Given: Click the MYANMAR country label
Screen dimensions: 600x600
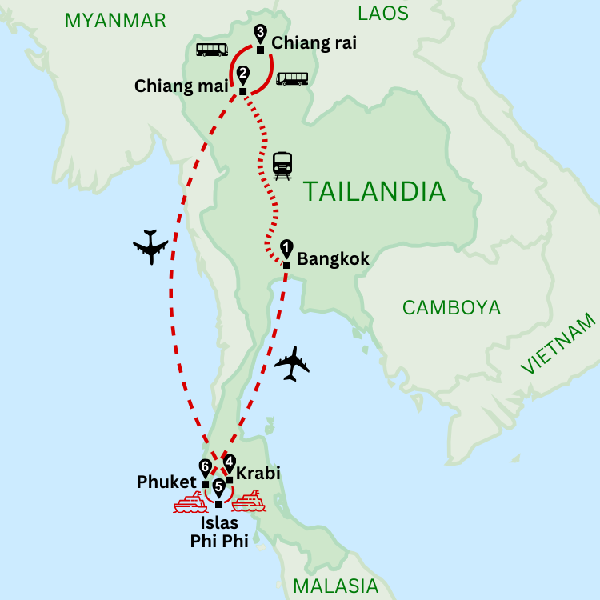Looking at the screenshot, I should (115, 20).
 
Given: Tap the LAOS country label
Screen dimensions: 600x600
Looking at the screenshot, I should (382, 13).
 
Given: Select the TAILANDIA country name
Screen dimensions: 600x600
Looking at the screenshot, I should (374, 192).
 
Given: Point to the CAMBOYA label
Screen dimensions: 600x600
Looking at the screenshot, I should (451, 307).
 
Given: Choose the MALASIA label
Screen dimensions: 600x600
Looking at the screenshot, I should (335, 585).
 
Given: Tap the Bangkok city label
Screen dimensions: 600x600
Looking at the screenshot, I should (333, 259).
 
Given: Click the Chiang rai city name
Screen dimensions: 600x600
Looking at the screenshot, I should (314, 43).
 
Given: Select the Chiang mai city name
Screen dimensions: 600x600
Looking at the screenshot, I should (182, 85).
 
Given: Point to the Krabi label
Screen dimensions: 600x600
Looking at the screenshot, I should (258, 474).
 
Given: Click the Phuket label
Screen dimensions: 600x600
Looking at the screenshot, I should (166, 482).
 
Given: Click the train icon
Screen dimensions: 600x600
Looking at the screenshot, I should (282, 165).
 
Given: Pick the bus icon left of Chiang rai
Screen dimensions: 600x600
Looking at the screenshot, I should (212, 50).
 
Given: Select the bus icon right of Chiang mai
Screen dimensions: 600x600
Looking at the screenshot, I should (292, 78).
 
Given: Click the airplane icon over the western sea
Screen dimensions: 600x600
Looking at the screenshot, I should (150, 246).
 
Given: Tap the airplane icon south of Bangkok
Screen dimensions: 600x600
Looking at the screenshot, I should (291, 364).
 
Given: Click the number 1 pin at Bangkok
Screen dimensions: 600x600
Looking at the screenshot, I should (286, 249).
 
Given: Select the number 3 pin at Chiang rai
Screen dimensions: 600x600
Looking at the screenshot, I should (259, 34).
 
